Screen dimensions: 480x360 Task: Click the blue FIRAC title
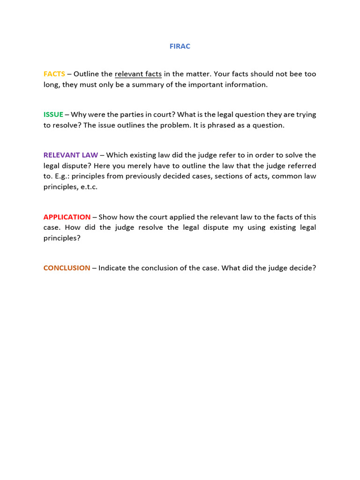[180, 46]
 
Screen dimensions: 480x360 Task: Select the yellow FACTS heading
[54, 74]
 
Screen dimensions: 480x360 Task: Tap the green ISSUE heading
[53, 115]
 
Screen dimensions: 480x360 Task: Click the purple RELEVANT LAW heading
[71, 155]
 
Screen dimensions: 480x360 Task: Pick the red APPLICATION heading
[67, 217]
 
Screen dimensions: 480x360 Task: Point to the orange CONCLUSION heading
[67, 268]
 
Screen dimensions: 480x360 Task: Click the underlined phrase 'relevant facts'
[138, 74]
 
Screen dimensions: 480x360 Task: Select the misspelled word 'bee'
[284, 74]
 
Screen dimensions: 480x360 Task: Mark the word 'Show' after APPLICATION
[108, 217]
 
